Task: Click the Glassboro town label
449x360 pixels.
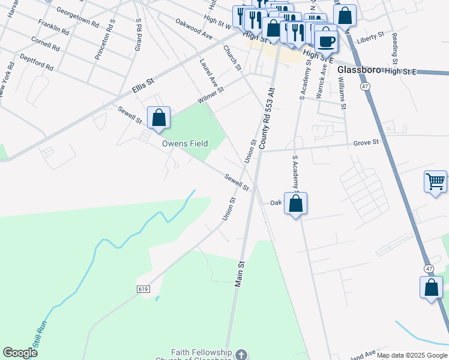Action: [360, 70]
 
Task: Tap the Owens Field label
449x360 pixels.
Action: [185, 144]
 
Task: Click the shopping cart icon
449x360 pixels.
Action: [435, 181]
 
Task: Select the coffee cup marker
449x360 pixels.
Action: [326, 41]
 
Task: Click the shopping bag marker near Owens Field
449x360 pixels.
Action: [158, 118]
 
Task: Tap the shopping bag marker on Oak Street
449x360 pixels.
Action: [295, 203]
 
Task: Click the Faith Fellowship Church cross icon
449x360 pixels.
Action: [241, 354]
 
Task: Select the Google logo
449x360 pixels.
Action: [20, 353]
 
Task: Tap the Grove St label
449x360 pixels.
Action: [366, 143]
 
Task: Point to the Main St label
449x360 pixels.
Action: [240, 274]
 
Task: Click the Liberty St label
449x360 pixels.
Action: [370, 37]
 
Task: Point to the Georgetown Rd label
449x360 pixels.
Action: [77, 17]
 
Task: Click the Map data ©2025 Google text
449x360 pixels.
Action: [412, 355]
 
